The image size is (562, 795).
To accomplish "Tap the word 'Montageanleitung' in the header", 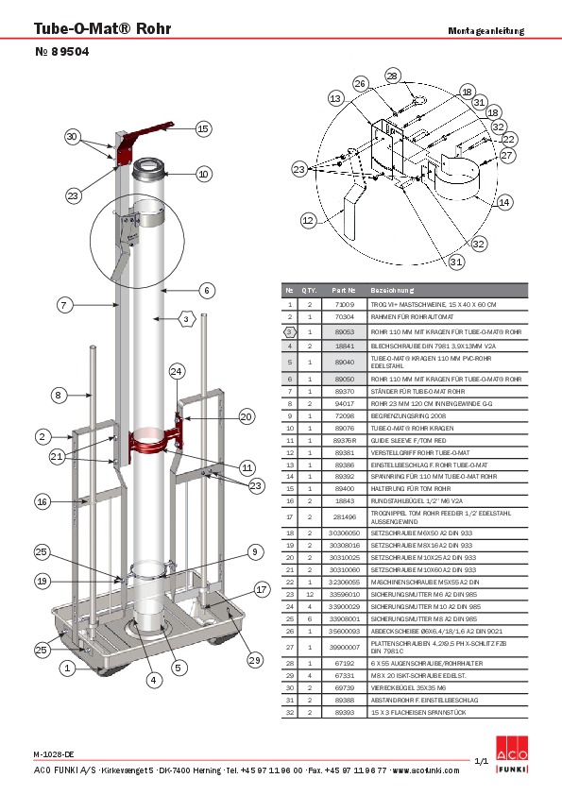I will click(485, 31).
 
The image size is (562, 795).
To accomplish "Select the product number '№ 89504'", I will click(61, 55).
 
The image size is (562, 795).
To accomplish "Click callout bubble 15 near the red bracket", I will click(203, 128).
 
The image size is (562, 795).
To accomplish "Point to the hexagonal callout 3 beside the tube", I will click(187, 319).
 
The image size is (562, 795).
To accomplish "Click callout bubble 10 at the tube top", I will click(203, 174).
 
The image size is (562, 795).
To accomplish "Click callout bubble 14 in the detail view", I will click(504, 202).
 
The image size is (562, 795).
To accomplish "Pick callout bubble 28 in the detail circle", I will click(392, 75).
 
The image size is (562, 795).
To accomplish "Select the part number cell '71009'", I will click(345, 305).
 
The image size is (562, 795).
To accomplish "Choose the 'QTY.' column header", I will click(310, 291).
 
